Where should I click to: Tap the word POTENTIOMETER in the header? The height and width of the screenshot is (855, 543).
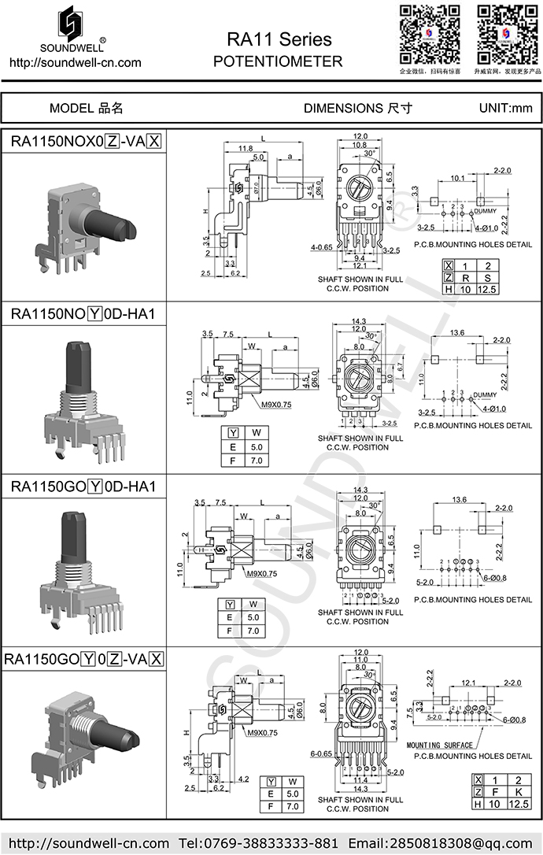click(278, 61)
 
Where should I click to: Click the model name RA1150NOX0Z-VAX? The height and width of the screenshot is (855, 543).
click(86, 142)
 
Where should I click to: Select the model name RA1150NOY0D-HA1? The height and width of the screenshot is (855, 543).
click(83, 313)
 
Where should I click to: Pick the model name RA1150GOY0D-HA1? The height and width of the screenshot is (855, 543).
click(83, 487)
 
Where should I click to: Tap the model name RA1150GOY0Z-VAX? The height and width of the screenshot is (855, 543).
click(84, 659)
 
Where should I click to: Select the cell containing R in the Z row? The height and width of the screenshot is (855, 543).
click(465, 278)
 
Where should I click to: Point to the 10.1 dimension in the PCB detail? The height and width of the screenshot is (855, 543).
click(456, 179)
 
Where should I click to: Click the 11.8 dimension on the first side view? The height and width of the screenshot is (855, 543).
click(245, 148)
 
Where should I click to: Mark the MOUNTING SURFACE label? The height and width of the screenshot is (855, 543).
click(440, 744)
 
